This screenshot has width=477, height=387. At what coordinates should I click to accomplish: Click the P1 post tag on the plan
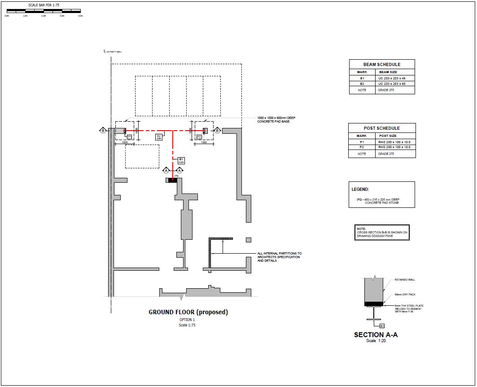(129, 136)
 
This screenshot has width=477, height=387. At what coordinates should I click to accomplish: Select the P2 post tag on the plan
(199, 136)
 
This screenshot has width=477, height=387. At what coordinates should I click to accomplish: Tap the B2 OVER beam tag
(158, 137)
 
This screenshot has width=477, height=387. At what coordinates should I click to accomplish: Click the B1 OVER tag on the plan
(181, 160)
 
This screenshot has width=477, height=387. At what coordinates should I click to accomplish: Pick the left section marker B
(103, 131)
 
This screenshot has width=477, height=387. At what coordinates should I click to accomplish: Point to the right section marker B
(217, 131)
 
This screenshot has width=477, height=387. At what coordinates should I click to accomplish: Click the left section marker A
(166, 171)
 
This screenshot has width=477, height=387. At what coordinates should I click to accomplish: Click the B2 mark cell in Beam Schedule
(362, 84)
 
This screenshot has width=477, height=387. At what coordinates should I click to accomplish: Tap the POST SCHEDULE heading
(381, 128)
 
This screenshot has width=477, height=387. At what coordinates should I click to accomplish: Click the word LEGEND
(360, 189)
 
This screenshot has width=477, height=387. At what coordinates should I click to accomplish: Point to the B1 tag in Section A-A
(382, 325)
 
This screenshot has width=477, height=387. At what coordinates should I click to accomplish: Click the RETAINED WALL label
(405, 280)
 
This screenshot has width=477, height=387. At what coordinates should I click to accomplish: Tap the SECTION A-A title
(376, 335)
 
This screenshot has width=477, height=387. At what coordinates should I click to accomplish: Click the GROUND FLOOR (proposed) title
(188, 312)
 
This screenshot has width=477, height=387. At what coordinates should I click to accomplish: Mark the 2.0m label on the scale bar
(44, 16)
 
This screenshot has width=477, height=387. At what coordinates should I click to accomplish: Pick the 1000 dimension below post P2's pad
(204, 142)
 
